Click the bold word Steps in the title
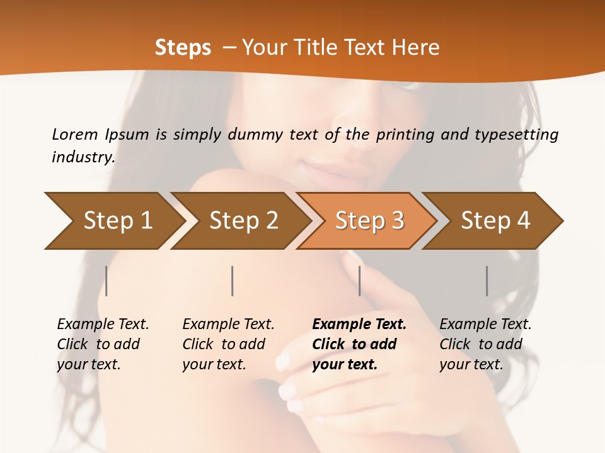[x=183, y=48]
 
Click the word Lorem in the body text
[x=74, y=134]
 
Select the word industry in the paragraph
[x=83, y=157]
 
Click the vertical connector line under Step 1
[x=107, y=281]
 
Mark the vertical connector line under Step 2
[x=233, y=281]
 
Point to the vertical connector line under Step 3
[x=359, y=281]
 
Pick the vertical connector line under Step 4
[x=487, y=281]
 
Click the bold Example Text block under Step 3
[x=359, y=344]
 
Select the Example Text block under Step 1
[x=103, y=344]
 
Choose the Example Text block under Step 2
[x=228, y=344]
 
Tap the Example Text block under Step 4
[x=485, y=344]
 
